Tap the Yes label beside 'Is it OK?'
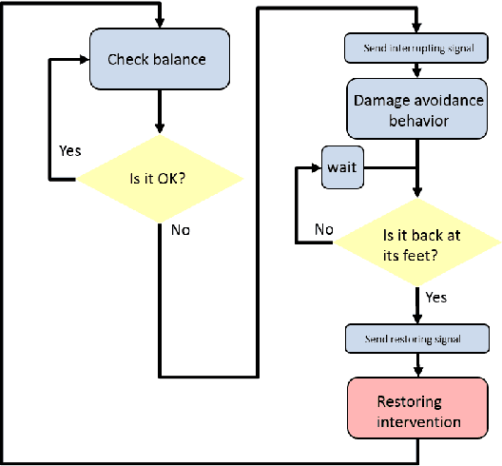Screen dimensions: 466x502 [x=70, y=150]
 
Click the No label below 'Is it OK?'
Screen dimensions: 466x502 [x=180, y=230]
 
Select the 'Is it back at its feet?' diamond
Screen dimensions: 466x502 [x=417, y=242]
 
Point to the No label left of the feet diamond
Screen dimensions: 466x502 [x=324, y=229]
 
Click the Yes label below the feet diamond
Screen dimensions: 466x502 [x=436, y=298]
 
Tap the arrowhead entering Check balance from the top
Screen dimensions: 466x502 [x=159, y=22]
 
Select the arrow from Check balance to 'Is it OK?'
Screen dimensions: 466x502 [x=158, y=114]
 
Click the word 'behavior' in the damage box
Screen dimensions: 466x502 [x=417, y=122]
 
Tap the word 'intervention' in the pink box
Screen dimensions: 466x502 [x=417, y=421]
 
